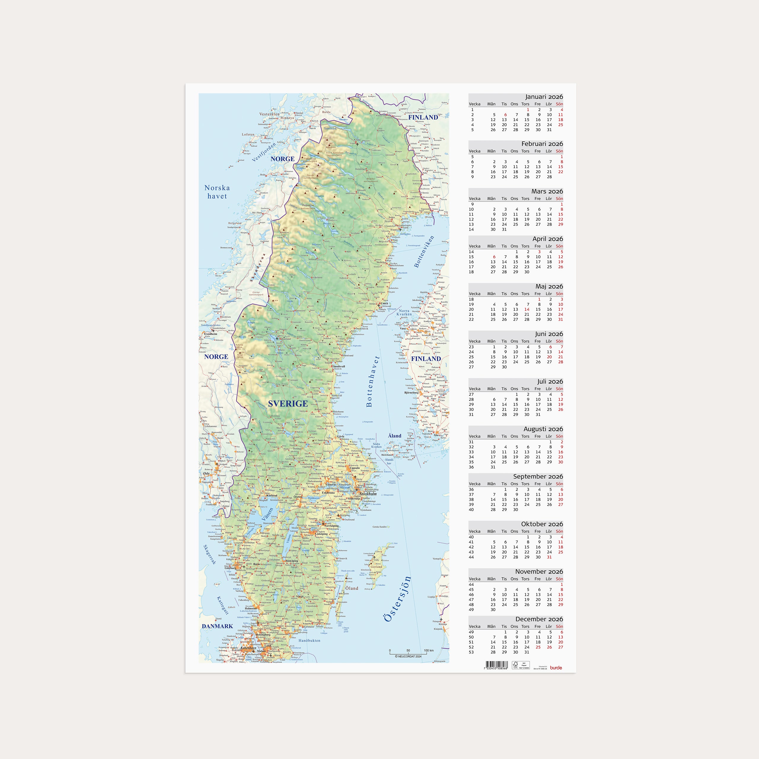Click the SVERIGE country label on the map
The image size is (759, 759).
pyautogui.click(x=288, y=404)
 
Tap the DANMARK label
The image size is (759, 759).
pyautogui.click(x=217, y=626)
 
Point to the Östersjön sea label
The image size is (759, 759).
pyautogui.click(x=398, y=599)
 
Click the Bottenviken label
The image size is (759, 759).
pyautogui.click(x=424, y=251)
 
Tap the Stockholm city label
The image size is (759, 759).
pyautogui.click(x=368, y=494)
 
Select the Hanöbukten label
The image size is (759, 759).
pyautogui.click(x=309, y=640)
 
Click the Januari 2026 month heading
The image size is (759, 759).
pyautogui.click(x=544, y=97)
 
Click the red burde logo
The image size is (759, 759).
pyautogui.click(x=556, y=667)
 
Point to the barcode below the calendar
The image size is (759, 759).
pyautogui.click(x=496, y=665)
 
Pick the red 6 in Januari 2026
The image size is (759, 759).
pyautogui.click(x=505, y=115)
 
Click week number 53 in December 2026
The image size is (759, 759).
pyautogui.click(x=471, y=652)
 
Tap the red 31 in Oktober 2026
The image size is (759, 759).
pyautogui.click(x=549, y=557)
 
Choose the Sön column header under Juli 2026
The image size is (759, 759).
pyautogui.click(x=559, y=388)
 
